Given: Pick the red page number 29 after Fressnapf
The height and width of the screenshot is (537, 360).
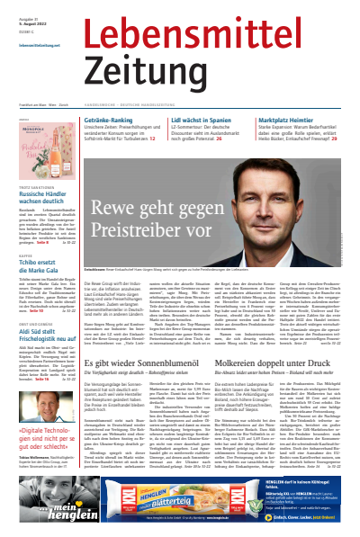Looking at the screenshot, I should tap(333, 140).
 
